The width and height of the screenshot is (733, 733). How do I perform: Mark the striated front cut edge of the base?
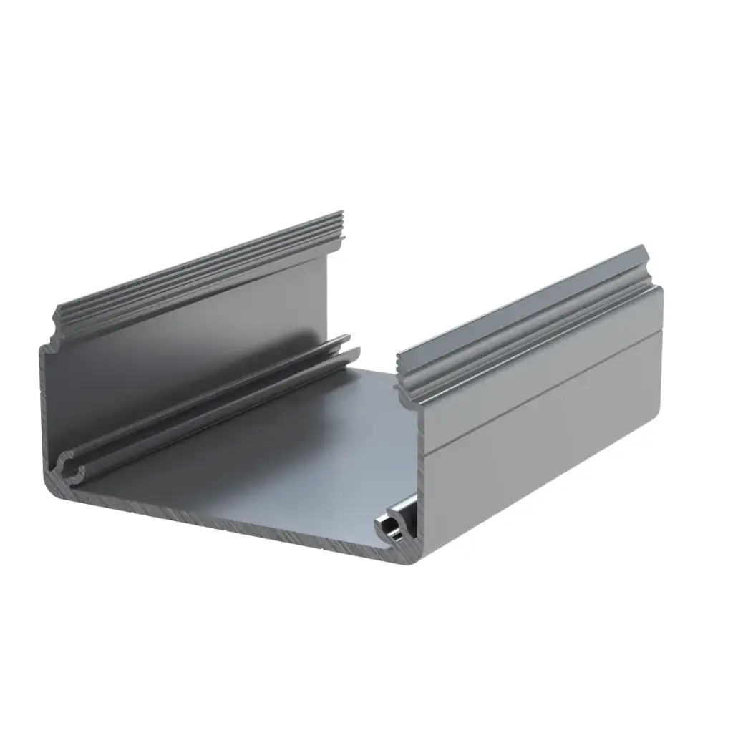point(236,526)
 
